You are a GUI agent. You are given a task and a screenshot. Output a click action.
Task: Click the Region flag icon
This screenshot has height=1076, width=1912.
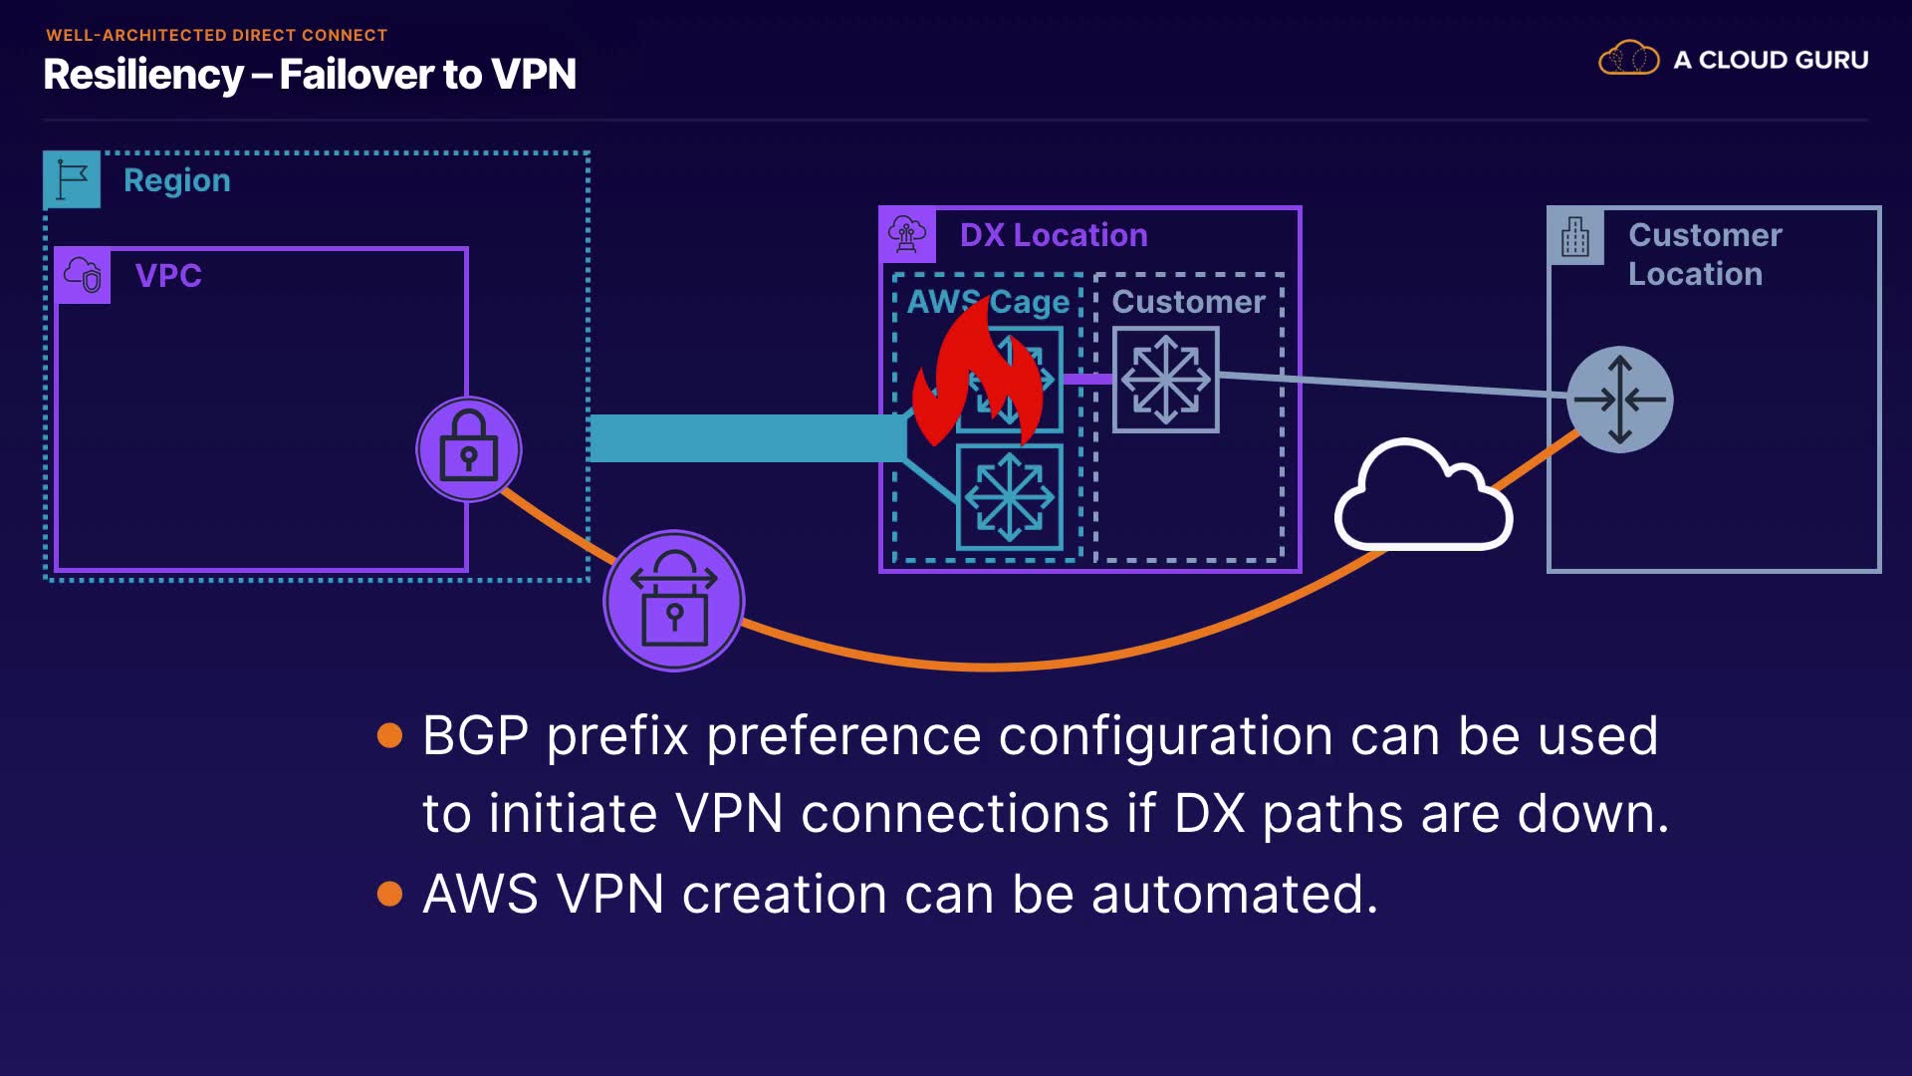coord(72,179)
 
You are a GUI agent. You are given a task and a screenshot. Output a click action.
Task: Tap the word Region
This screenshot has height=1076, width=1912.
coord(177,180)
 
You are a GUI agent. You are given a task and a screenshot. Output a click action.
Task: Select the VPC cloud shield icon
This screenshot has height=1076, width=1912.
coord(84,275)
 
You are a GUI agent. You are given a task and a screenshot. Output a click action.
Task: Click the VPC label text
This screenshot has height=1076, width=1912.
coord(168,275)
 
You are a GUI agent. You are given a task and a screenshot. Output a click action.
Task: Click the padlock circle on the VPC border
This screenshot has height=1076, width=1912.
coord(468,449)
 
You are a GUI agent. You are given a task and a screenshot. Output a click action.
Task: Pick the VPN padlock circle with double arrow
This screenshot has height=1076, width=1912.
coord(674,601)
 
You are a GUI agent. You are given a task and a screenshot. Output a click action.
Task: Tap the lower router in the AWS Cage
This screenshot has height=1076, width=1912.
coord(1009,496)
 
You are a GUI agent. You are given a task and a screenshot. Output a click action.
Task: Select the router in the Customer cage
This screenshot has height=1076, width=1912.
coord(1165,380)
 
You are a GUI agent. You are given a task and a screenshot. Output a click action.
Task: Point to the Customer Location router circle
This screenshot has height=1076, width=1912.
coord(1619,400)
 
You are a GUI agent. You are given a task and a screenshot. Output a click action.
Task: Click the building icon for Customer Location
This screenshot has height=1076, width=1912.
coord(1575,237)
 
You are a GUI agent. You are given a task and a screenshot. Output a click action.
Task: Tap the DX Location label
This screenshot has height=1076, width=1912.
coord(1054,235)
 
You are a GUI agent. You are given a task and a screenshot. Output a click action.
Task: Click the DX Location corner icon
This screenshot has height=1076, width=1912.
coord(907,235)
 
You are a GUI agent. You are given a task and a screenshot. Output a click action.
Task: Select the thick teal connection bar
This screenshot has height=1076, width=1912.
coord(747,438)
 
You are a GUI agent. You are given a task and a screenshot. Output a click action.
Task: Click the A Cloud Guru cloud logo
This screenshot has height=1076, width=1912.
coord(1628,59)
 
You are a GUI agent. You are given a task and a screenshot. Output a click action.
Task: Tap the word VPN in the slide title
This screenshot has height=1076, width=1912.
coord(534,75)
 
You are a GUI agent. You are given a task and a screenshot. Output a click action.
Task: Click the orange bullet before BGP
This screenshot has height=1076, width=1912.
coord(390,736)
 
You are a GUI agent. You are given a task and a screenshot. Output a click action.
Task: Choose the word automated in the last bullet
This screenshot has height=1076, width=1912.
coord(1235,894)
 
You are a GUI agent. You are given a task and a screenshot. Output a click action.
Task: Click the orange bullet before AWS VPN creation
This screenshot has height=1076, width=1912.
coord(390,894)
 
